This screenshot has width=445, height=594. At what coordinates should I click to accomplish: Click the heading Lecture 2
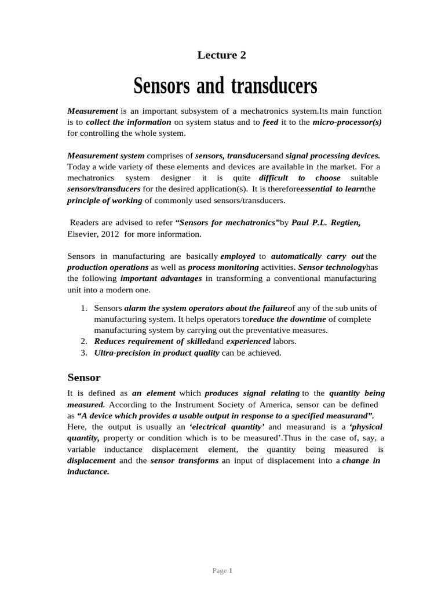[222, 56]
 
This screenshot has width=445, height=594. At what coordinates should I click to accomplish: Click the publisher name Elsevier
[81, 234]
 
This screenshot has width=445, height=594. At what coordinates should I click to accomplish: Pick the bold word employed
[238, 256]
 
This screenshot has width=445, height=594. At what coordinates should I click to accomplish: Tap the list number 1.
[84, 308]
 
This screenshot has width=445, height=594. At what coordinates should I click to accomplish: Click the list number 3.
[84, 353]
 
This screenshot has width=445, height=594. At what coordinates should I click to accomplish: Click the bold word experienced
[248, 342]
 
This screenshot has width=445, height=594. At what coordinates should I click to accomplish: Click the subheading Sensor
[84, 378]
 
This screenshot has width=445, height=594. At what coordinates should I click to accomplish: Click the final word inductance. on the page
[88, 472]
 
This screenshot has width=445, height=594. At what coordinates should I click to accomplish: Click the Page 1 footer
[222, 571]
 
